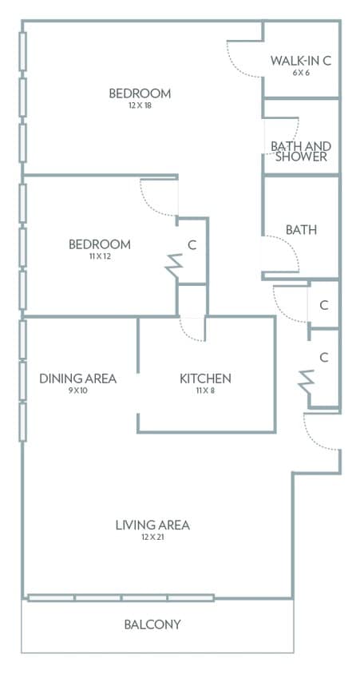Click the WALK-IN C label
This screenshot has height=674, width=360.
click(301, 61)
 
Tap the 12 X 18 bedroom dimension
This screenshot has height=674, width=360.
click(140, 105)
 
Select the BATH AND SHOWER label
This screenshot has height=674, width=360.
click(301, 151)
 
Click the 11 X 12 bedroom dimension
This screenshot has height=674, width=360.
click(100, 256)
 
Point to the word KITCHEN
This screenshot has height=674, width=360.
click(205, 379)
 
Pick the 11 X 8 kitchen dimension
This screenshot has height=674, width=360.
click(205, 391)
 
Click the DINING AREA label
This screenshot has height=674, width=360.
click(77, 379)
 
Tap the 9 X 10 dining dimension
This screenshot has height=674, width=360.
click(77, 391)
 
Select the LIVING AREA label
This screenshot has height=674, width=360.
click(152, 525)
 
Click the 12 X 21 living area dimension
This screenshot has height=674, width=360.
click(152, 537)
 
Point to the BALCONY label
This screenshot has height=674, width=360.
click(152, 624)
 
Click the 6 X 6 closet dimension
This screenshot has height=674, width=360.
click(301, 73)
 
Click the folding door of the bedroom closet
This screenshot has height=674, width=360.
click(174, 267)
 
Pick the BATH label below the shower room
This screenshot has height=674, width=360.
click(301, 230)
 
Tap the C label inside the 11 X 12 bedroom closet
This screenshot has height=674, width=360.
click(192, 245)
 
